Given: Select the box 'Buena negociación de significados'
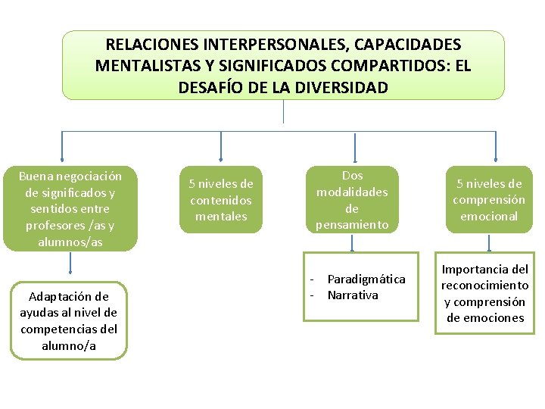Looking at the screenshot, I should pyautogui.click(x=70, y=208).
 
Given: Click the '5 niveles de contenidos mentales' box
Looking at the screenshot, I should pyautogui.click(x=221, y=200).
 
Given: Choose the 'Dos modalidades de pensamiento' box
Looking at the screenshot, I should pyautogui.click(x=352, y=200).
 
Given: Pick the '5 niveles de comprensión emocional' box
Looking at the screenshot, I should pyautogui.click(x=489, y=200).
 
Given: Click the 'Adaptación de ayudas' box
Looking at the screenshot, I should pyautogui.click(x=69, y=321).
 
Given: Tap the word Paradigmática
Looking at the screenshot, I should pyautogui.click(x=366, y=279).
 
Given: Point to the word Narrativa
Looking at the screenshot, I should pyautogui.click(x=353, y=295).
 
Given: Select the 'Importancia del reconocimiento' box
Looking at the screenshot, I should pyautogui.click(x=485, y=293).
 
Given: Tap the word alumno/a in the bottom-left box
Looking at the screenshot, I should pyautogui.click(x=69, y=345).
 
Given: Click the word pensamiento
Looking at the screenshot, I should pyautogui.click(x=352, y=225).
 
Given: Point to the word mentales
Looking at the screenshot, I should pyautogui.click(x=221, y=217).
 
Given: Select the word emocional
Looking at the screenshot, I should pyautogui.click(x=489, y=217).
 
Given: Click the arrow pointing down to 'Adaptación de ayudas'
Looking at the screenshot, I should pyautogui.click(x=70, y=263).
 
